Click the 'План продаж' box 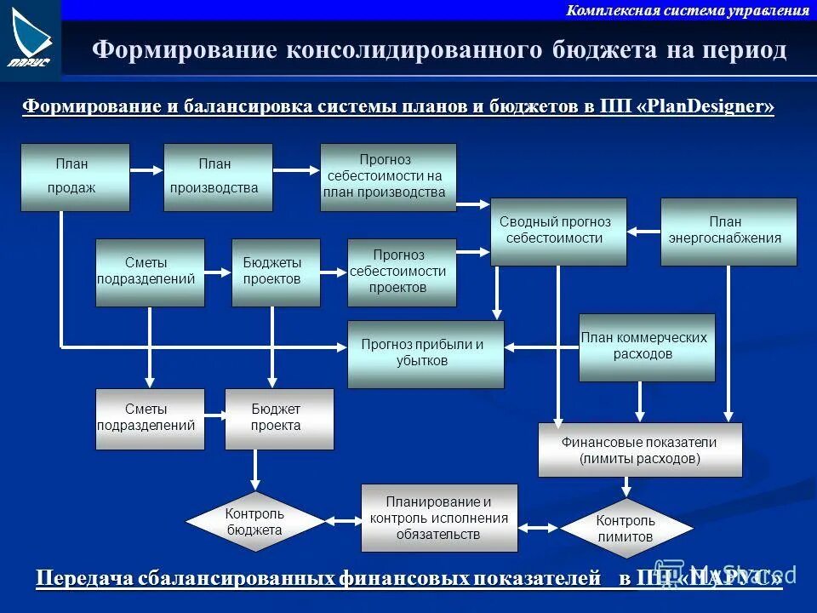pos(75,177)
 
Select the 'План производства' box pos(218,177)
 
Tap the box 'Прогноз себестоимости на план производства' pos(388,177)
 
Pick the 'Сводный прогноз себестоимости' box pos(558,232)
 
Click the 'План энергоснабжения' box pos(728,232)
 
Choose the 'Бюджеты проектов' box pos(276,272)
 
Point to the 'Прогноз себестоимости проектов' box pos(402,272)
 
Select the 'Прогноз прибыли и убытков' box pos(426,354)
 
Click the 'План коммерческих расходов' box pos(647,347)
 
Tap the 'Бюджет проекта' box pos(279,419)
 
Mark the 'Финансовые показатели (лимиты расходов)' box pos(640,450)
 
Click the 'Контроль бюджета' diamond pos(255,521)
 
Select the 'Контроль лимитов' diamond pos(626,529)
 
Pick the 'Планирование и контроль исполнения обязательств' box pos(439,518)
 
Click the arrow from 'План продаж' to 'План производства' pos(146,170)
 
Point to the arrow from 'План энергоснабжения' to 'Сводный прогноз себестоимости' pos(643,231)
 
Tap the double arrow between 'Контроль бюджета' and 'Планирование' pos(344,521)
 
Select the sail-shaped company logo pos(31,38)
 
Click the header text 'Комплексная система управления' pos(688,10)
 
